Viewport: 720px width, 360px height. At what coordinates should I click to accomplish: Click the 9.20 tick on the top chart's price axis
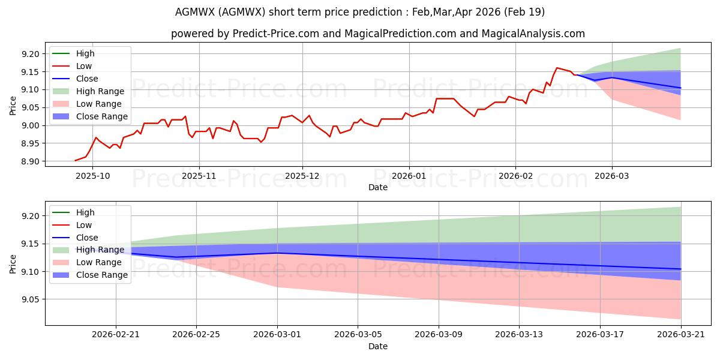click(x=30, y=54)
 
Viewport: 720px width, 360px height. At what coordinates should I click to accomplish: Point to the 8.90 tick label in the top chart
click(x=30, y=161)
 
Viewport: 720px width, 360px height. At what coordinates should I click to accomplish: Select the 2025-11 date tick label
click(x=199, y=176)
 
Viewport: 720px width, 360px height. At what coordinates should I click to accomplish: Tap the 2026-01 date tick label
click(x=409, y=176)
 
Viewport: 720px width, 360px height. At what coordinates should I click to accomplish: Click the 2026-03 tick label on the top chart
click(x=611, y=176)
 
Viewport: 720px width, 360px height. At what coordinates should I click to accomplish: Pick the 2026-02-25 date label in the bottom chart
click(x=196, y=335)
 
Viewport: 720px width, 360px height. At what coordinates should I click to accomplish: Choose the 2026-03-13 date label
click(x=519, y=335)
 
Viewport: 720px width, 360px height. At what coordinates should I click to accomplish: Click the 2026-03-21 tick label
click(x=681, y=335)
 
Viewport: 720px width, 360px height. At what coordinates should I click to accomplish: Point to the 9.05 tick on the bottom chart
click(x=30, y=299)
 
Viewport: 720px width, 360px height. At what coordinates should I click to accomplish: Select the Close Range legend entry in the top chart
click(x=90, y=116)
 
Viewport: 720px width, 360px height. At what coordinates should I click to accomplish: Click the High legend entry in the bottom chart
click(x=73, y=212)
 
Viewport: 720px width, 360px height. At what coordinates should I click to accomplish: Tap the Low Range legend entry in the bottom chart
click(x=87, y=262)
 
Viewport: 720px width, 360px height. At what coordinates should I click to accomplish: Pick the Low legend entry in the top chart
click(x=72, y=66)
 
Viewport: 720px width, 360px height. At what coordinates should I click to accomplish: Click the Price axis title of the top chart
click(x=13, y=106)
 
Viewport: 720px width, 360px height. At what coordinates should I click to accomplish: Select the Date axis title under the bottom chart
click(x=377, y=346)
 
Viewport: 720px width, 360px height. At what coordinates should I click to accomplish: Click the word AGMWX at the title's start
click(x=195, y=12)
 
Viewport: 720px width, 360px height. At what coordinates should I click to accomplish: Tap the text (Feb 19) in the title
click(x=524, y=12)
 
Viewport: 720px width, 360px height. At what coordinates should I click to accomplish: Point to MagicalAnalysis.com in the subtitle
click(x=533, y=34)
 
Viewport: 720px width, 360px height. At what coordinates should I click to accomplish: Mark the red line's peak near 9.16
click(x=557, y=68)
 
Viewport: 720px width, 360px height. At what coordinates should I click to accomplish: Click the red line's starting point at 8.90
click(x=75, y=161)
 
